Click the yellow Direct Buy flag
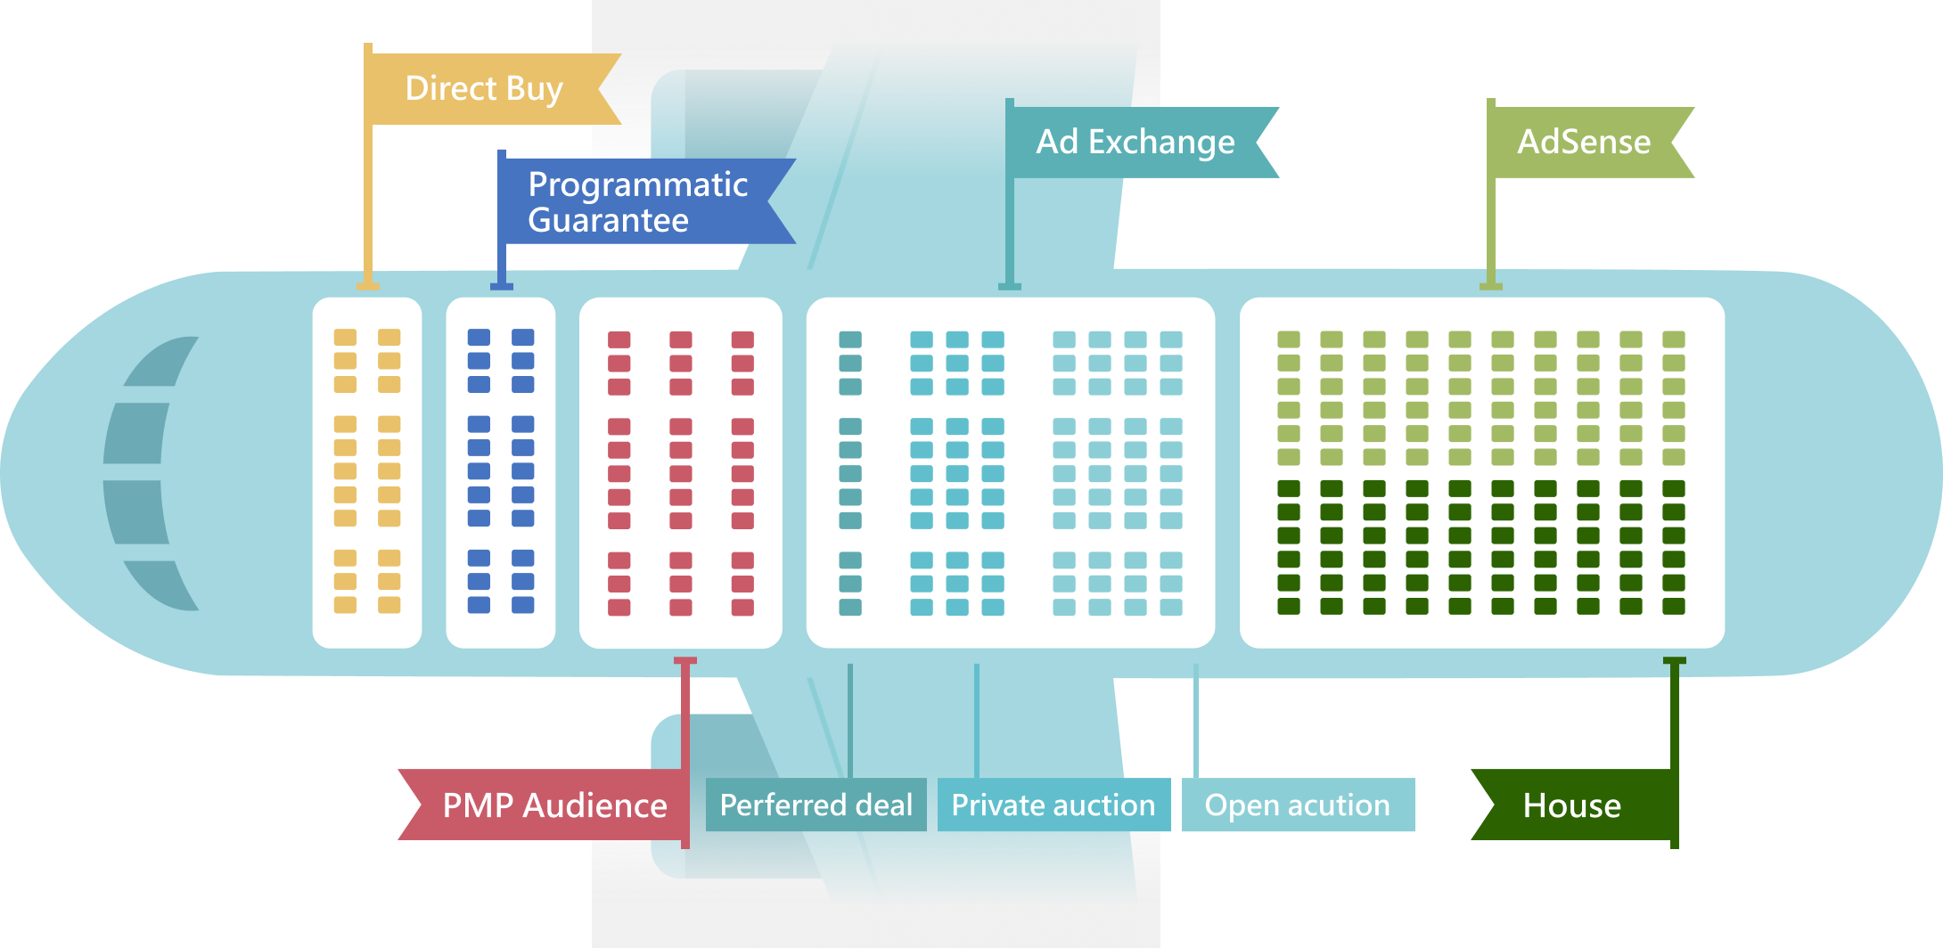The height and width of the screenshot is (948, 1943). pos(486,89)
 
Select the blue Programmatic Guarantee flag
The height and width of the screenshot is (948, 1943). pos(637,201)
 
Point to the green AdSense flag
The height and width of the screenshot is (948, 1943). pos(1585,143)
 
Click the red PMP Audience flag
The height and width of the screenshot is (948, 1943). pos(553,805)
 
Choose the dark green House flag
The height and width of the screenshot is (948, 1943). pos(1572,805)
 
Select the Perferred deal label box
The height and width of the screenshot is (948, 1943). pos(816,805)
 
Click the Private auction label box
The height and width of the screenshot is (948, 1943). pos(1053,805)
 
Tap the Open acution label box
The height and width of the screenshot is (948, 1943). pos(1298,805)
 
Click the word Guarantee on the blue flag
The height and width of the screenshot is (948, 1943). pos(608,220)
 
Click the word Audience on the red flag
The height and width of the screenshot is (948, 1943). pos(594,805)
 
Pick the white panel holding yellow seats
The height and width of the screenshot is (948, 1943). pos(367,472)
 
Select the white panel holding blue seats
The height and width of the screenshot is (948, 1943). pos(501,472)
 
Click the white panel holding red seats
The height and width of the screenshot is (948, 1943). pos(681,472)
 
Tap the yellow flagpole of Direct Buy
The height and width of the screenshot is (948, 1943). pos(368,205)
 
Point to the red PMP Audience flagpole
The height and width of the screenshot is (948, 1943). pos(685,713)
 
